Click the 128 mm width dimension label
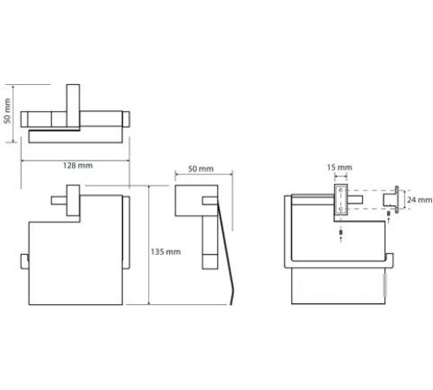tap(78, 166)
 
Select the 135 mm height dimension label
tap(165, 252)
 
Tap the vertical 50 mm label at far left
tap(7, 111)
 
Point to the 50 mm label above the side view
tap(201, 169)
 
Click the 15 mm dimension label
tap(339, 167)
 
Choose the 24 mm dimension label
tap(420, 200)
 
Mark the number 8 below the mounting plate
tap(341, 232)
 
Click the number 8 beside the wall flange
tap(389, 213)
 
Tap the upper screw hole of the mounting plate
tap(341, 191)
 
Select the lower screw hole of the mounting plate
tap(341, 209)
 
